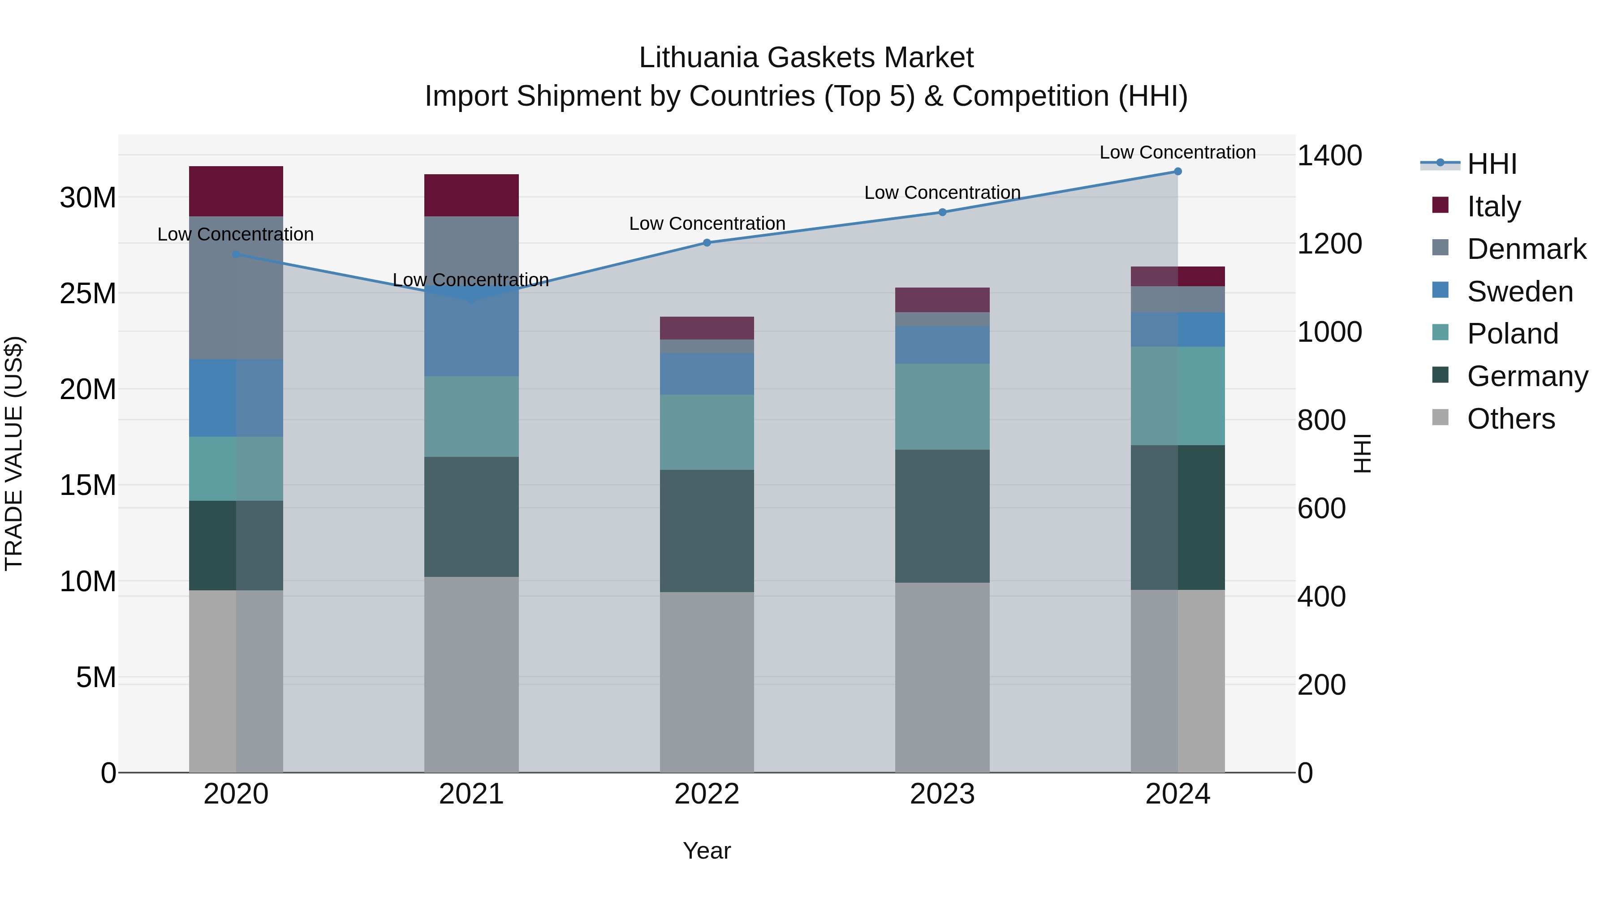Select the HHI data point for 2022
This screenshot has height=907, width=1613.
point(707,243)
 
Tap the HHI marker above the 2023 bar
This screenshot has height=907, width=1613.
point(942,212)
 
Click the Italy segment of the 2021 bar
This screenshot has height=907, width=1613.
point(471,195)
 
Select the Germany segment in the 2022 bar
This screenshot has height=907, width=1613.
point(707,531)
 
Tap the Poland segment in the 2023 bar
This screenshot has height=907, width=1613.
point(942,407)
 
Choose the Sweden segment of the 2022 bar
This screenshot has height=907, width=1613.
point(707,374)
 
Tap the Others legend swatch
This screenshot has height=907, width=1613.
point(1440,417)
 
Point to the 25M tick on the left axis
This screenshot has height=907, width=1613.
point(88,293)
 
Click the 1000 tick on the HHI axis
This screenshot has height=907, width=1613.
point(1329,332)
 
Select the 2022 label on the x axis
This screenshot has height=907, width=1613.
point(707,794)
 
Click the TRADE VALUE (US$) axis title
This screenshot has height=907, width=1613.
point(14,453)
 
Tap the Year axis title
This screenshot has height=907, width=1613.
point(707,851)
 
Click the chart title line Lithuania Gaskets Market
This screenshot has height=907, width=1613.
point(806,58)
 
